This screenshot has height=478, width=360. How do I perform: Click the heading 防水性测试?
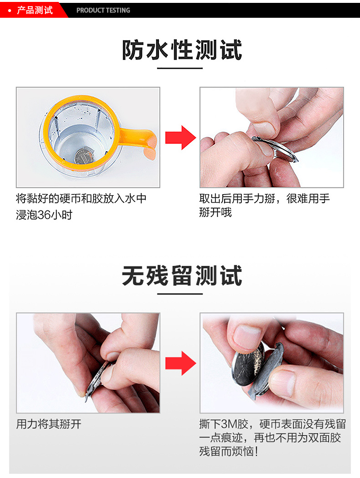click(182, 50)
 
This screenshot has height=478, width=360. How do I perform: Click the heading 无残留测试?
click(182, 276)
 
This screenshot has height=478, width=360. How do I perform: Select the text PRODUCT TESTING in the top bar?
click(103, 10)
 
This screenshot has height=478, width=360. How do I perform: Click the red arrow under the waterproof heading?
click(180, 138)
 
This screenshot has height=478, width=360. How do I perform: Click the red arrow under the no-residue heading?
click(180, 363)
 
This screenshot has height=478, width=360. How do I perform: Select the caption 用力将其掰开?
click(49, 425)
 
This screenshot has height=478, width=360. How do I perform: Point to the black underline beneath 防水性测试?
click(180, 69)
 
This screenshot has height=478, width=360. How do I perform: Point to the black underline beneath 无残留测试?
click(180, 294)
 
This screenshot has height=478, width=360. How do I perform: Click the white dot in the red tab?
click(10, 10)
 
